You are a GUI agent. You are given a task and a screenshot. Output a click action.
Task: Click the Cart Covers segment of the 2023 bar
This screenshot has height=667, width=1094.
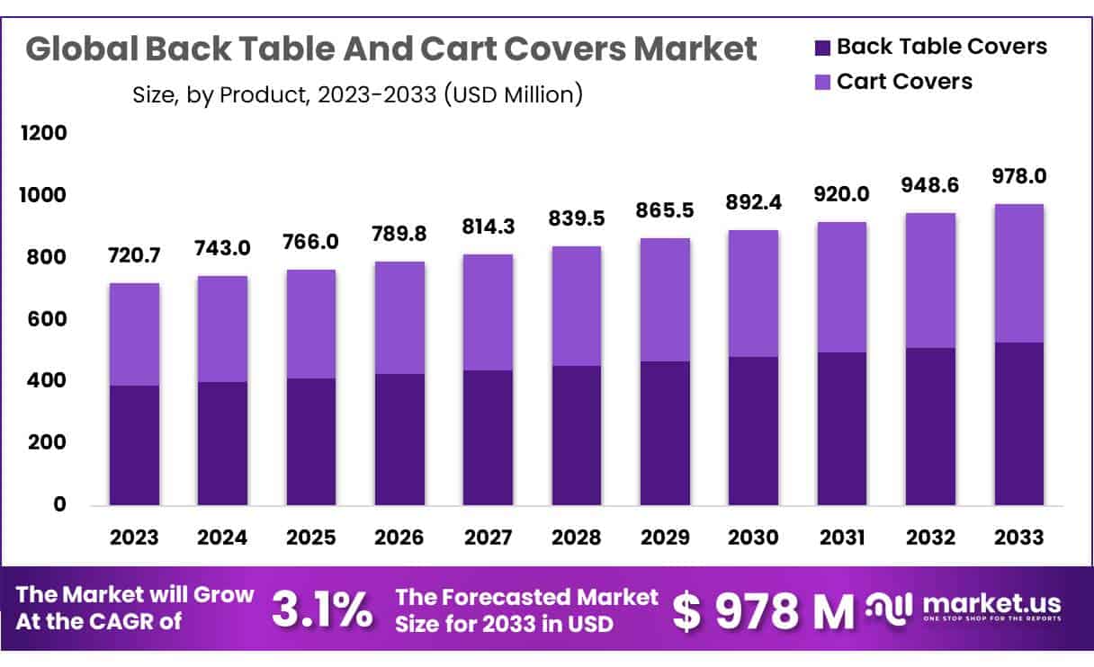click(x=134, y=334)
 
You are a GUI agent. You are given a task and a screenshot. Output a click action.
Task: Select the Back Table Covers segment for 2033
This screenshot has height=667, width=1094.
click(x=1018, y=423)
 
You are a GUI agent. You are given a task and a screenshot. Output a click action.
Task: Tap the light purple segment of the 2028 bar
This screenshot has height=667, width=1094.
click(x=577, y=306)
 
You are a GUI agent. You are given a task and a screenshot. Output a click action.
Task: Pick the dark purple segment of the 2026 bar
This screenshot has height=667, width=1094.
click(x=399, y=439)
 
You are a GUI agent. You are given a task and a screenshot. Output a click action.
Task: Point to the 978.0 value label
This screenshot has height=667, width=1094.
click(x=1018, y=176)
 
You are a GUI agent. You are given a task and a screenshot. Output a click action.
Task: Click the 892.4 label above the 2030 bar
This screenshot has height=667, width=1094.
click(x=753, y=203)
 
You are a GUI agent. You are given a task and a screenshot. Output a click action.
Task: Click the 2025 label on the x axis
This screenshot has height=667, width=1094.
click(x=311, y=538)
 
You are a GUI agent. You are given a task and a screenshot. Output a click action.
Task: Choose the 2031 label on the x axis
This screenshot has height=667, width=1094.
click(x=841, y=538)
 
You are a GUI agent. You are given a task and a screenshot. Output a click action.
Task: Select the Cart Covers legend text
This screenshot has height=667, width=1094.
click(x=904, y=81)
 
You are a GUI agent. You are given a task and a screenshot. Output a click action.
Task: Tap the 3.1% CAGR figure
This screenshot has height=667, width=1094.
click(x=321, y=609)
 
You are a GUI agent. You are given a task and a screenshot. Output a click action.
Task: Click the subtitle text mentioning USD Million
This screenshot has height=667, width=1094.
click(x=356, y=93)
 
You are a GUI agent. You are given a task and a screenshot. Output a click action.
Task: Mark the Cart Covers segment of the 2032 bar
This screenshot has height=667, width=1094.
click(x=930, y=280)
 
